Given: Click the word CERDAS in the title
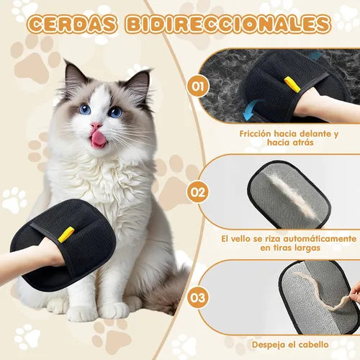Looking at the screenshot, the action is pos(73,24).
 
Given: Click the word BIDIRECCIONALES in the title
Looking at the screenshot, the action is pos(228,24).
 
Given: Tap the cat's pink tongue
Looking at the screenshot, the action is pos(97,140).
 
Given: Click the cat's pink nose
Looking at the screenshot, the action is pos(96,125).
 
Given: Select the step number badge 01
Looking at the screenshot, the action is pos(198,86).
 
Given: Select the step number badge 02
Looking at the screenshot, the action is pos(198,192).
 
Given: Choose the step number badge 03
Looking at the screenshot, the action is pos(198,297).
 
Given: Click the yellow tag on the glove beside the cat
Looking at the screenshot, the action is pos(66,234).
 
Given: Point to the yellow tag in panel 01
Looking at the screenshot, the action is pos(292,84).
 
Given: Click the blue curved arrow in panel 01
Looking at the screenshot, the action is pos(251,110).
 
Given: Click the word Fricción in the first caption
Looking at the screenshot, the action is pos(255,134).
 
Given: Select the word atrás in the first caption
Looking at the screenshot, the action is pos(302,143).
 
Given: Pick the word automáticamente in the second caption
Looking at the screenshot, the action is pos(320,239).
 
